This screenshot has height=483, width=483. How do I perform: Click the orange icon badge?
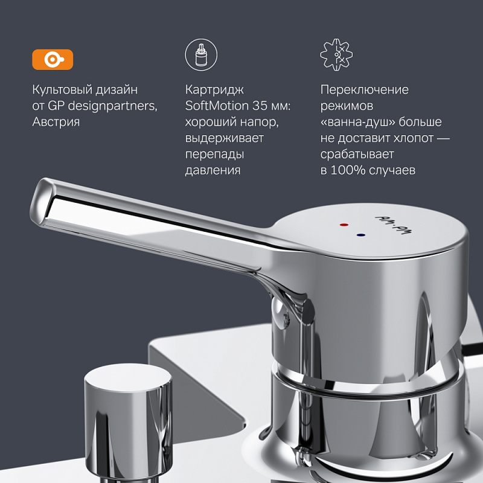[x=53, y=59]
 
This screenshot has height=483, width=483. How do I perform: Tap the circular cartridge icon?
[x=200, y=54]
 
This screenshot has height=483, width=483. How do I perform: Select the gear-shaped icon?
[x=336, y=54]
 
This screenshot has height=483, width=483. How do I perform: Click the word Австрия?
[x=56, y=122]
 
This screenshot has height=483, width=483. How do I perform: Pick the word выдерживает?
[x=225, y=138]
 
